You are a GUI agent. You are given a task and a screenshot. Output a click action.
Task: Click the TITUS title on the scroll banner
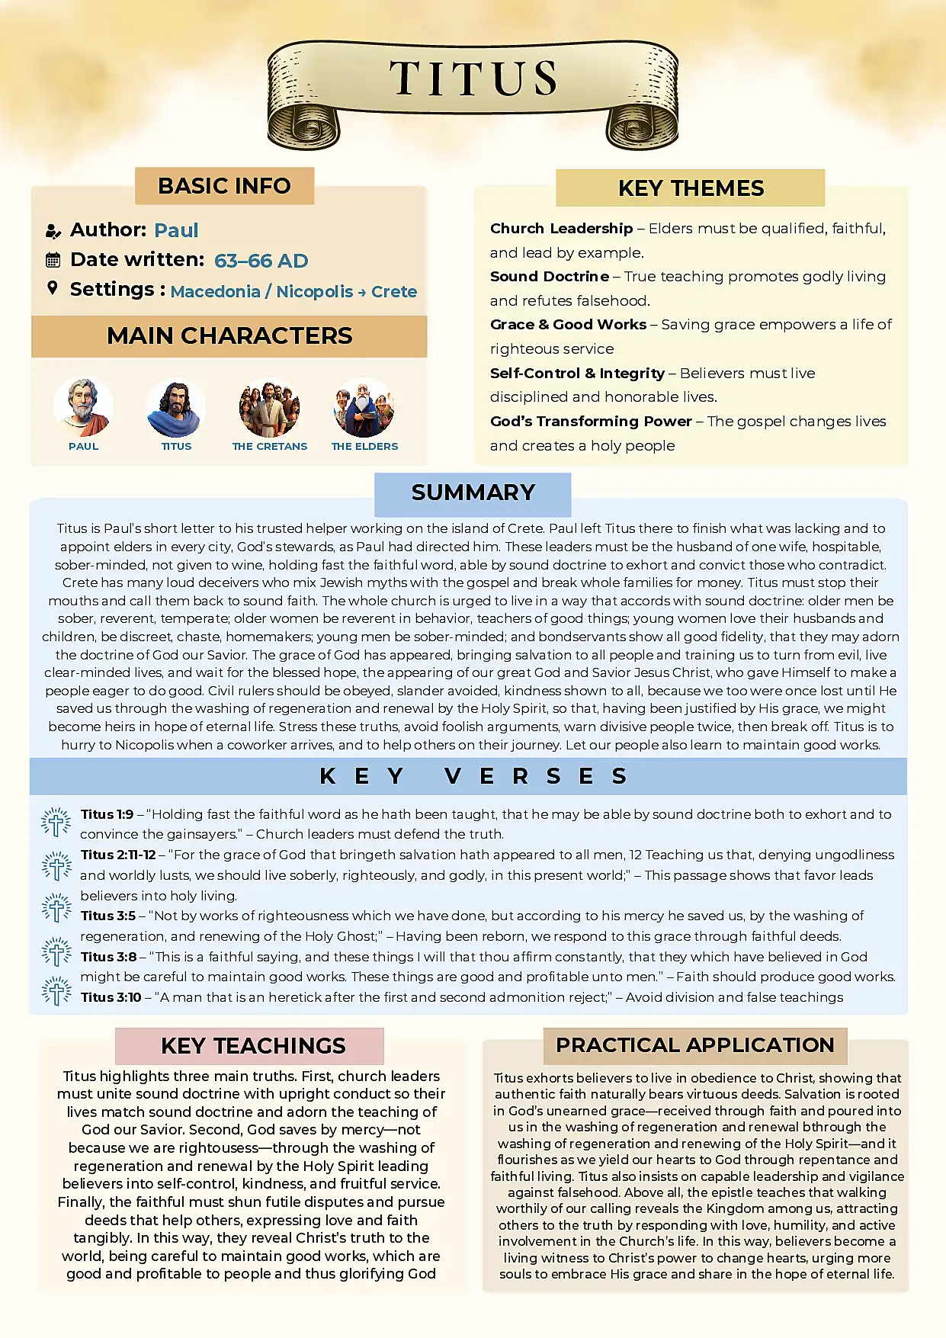[x=473, y=79]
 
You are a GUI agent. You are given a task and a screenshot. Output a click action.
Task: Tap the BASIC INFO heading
[x=224, y=186]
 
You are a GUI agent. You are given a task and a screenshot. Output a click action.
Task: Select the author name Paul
[x=176, y=230]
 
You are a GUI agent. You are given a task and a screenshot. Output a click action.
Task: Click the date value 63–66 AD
[x=261, y=261]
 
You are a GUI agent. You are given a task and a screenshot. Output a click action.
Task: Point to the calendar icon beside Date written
[x=53, y=260]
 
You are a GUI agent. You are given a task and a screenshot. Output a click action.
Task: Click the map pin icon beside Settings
[x=53, y=288]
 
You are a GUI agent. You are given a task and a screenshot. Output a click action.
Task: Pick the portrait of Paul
[x=83, y=406]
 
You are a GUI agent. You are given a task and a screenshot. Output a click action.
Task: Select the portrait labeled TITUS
[x=176, y=406]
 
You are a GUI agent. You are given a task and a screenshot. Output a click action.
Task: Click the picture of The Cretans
[x=270, y=408]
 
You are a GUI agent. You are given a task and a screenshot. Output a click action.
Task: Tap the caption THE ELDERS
[x=364, y=447]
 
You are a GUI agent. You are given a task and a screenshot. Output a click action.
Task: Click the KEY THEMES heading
[x=691, y=188]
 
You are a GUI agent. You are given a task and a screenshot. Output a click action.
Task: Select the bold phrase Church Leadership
[x=561, y=229]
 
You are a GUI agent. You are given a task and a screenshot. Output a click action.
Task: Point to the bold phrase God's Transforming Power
[x=591, y=422]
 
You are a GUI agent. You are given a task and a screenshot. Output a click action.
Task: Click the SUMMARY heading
[x=473, y=493]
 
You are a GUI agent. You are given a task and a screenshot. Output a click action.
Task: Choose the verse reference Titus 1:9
[x=107, y=814]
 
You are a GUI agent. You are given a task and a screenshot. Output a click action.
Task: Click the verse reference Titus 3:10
[x=111, y=997]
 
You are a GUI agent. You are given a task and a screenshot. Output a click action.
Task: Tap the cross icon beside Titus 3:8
[x=56, y=953]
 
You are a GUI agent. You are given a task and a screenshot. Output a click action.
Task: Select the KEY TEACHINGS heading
[x=253, y=1046]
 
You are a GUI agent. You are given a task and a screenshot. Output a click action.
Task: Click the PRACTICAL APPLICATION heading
[x=694, y=1045]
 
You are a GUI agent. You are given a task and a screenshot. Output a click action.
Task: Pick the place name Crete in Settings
[x=394, y=292]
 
